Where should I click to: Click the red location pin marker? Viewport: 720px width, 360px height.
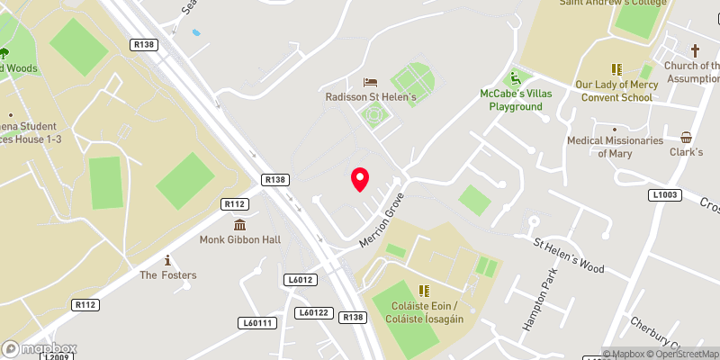[360, 179]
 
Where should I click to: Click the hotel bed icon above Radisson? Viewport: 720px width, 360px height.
[368, 82]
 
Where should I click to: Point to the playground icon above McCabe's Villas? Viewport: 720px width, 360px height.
[516, 77]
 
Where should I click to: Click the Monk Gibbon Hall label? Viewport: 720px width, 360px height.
[240, 239]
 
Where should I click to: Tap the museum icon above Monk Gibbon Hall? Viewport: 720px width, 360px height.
[240, 224]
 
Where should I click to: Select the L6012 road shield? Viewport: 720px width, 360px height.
[300, 281]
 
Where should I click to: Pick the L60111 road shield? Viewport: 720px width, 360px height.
[258, 322]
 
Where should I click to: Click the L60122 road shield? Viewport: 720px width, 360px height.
[314, 312]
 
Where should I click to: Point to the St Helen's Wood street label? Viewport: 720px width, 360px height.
[568, 256]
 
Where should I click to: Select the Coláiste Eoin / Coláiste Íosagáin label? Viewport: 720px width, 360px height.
[422, 312]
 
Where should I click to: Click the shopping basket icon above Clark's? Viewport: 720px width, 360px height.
[687, 138]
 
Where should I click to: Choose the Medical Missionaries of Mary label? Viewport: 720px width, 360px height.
[615, 147]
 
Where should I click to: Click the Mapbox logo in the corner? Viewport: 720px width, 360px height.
[40, 348]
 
